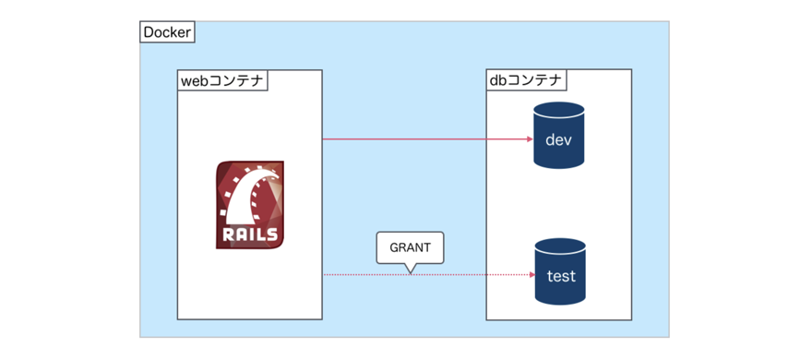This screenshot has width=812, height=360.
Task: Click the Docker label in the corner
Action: (167, 33)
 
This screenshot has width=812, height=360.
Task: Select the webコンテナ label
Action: (221, 80)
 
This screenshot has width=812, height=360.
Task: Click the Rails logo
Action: (250, 205)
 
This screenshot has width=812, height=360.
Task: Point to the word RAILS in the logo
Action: (249, 234)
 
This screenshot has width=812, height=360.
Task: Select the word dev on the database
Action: (560, 141)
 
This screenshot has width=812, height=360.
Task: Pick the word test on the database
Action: (561, 276)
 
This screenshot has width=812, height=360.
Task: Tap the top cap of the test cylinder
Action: (561, 245)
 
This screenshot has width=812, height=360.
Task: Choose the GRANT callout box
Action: (410, 247)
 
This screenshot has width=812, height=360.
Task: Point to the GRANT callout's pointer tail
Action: (411, 269)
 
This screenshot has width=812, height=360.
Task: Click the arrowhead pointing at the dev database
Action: (530, 139)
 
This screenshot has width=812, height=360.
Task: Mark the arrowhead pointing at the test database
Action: (531, 275)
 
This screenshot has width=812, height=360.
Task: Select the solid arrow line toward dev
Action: (424, 139)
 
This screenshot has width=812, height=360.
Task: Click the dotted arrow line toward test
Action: (461, 275)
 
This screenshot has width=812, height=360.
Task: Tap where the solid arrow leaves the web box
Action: (324, 139)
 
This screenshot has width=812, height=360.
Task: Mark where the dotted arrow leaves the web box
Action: (324, 275)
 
